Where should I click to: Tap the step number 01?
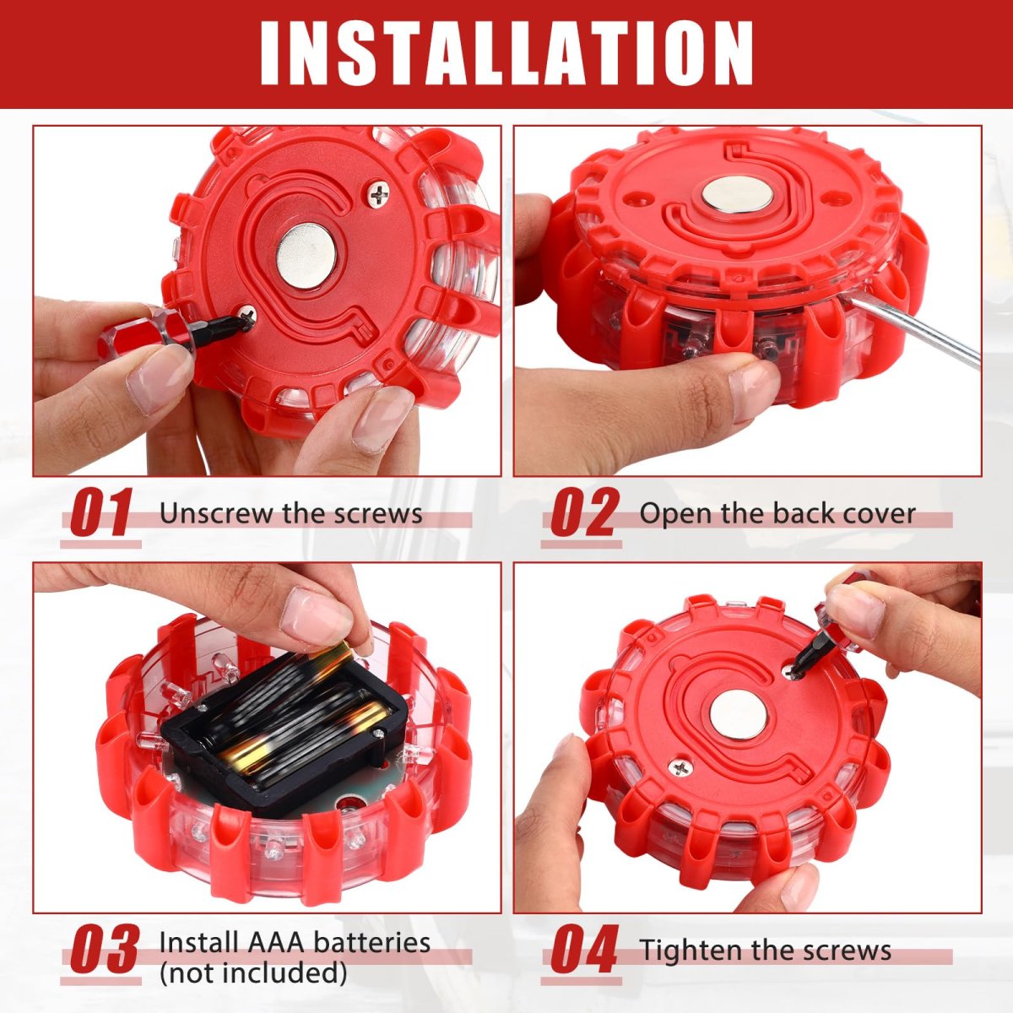tap(101, 512)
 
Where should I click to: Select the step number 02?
tap(582, 512)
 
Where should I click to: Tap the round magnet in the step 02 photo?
tap(737, 194)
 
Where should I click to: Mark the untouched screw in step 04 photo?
tap(680, 768)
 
